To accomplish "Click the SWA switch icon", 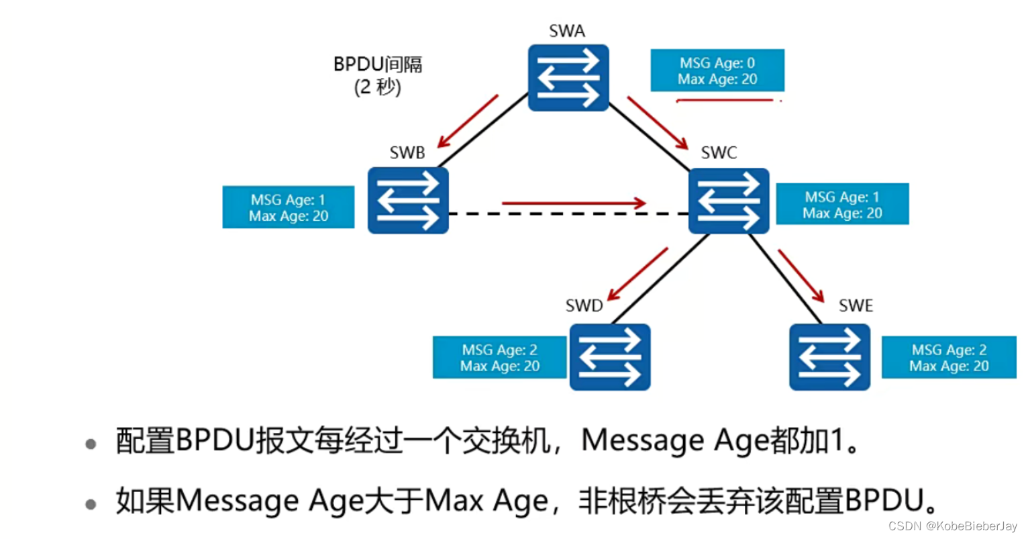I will tap(568, 77).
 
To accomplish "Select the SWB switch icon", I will tap(408, 200).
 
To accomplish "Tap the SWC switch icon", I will tap(729, 200).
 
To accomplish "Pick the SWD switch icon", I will tap(609, 356).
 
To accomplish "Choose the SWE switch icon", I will tap(829, 356).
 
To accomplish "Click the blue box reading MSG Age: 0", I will tap(717, 70).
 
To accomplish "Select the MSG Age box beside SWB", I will tap(288, 207).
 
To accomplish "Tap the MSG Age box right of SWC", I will tap(842, 204).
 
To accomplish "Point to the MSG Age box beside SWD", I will tap(499, 357).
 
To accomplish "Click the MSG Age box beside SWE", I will tap(948, 357).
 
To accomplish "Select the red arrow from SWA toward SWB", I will tap(468, 121).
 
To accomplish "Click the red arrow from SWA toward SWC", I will tap(658, 123).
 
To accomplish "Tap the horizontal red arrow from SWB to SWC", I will tap(574, 203).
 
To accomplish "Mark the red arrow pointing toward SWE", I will tap(801, 275).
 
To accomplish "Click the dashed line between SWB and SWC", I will tap(568, 214).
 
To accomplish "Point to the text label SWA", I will tap(567, 31).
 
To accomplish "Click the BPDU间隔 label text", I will tap(378, 64).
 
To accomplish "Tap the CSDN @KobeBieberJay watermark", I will tap(952, 526).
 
